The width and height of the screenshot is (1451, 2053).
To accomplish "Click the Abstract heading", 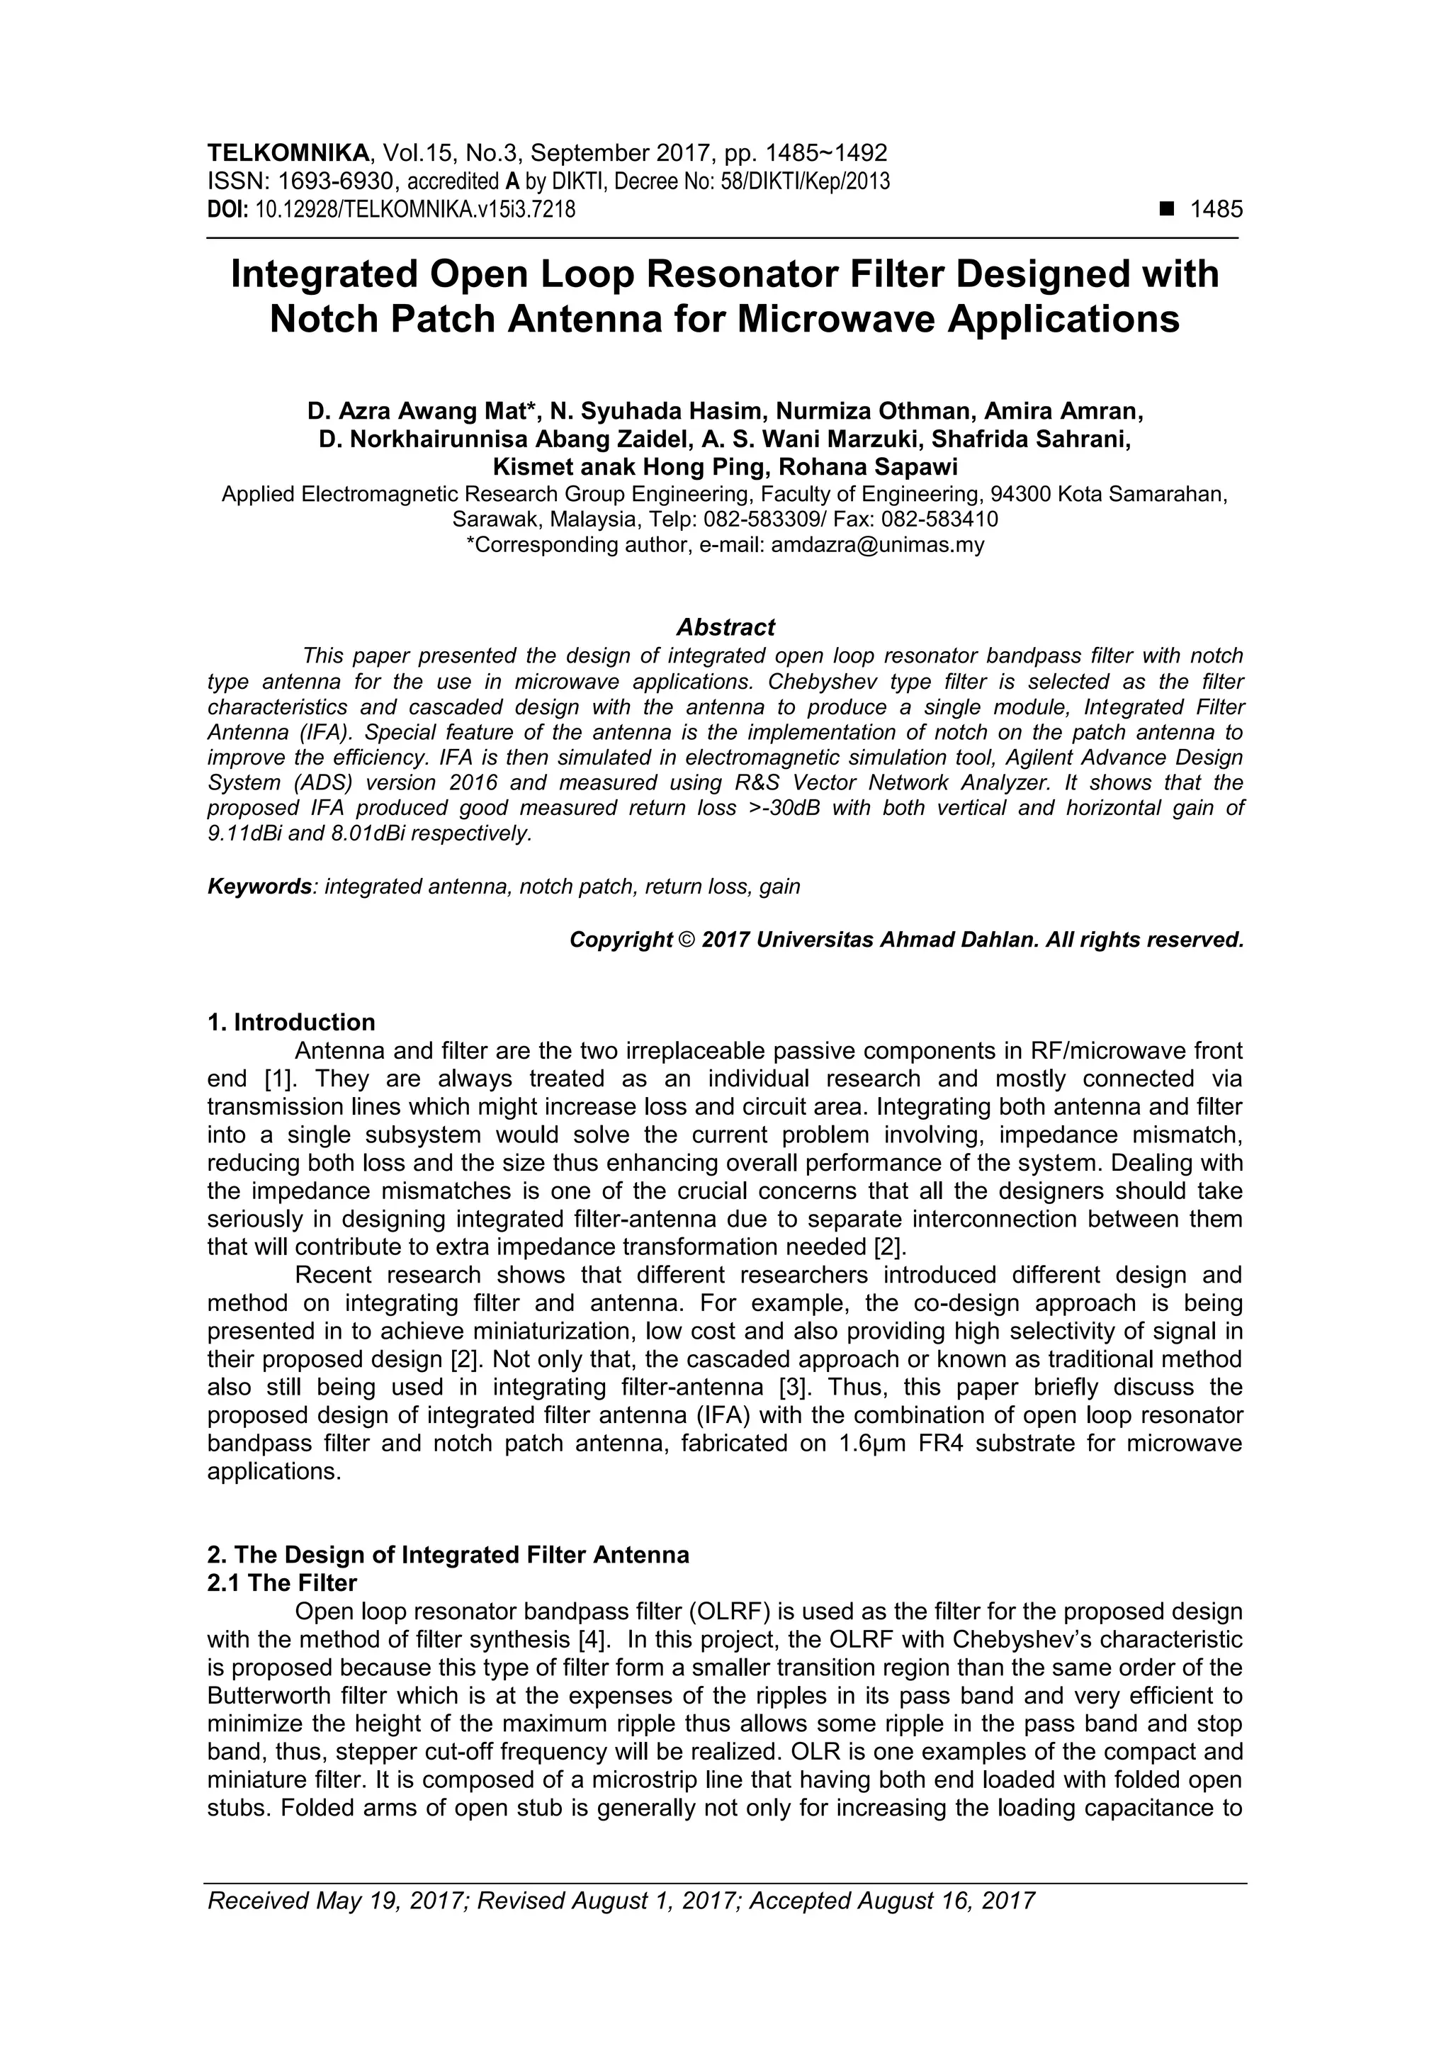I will pyautogui.click(x=725, y=626).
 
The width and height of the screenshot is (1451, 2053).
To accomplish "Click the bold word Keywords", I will pyautogui.click(x=259, y=887).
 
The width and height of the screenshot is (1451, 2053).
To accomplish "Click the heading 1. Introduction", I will pyautogui.click(x=290, y=1022).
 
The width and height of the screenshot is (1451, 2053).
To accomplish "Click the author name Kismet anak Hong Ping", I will pyautogui.click(x=631, y=467).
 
